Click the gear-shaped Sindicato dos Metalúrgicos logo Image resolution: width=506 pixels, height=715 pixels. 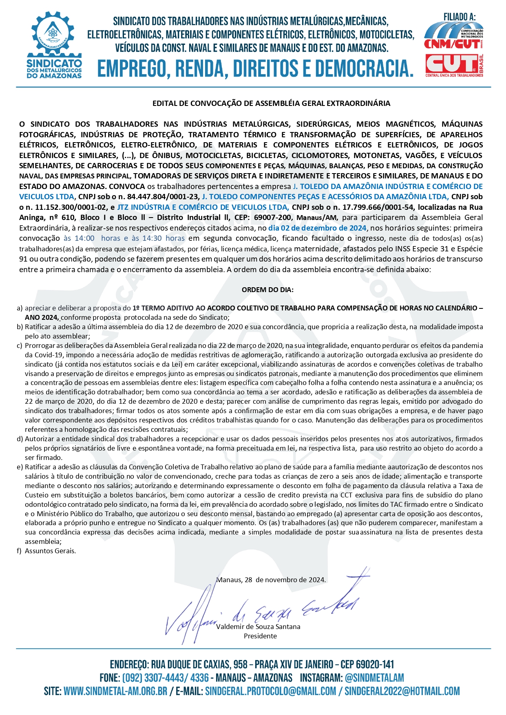tap(54, 45)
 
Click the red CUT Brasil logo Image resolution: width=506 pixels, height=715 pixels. tap(453, 65)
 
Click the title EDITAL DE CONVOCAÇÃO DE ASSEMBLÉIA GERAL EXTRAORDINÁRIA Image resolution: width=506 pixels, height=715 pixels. tap(271, 103)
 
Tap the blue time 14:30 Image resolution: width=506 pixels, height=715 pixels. tap(152, 238)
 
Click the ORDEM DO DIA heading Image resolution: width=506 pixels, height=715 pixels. tap(267, 290)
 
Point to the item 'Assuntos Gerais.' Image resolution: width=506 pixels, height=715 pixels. tap(50, 551)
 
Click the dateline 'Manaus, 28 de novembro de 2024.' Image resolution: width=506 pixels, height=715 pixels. tap(271, 580)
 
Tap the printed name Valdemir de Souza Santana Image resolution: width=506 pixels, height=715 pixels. tap(258, 627)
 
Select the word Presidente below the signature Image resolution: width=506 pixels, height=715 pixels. tap(260, 636)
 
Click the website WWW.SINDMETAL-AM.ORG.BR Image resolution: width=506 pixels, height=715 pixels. tap(115, 691)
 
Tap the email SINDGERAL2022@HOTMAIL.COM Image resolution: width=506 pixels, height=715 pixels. tap(402, 691)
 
